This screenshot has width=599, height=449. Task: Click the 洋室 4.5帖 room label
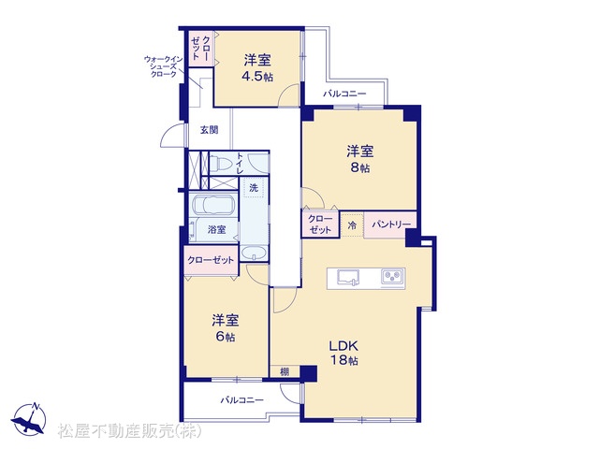(258, 68)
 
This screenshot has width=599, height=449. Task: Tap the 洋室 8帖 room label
(359, 159)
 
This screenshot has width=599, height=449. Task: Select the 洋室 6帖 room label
(226, 328)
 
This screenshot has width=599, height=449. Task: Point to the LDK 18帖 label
(343, 354)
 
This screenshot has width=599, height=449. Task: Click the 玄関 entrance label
(210, 130)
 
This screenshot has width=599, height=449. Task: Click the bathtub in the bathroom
(213, 205)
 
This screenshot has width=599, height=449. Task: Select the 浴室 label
(216, 229)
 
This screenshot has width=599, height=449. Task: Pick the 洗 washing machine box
(254, 187)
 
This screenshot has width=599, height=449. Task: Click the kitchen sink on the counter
(348, 277)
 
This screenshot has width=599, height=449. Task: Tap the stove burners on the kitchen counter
(393, 276)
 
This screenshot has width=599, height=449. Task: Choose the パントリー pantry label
(389, 224)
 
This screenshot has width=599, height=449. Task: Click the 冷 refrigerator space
(352, 225)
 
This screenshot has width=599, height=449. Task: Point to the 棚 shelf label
(285, 371)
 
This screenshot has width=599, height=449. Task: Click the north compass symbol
(29, 419)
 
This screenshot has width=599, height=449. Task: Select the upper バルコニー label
(344, 94)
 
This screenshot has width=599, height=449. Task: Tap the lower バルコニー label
(241, 400)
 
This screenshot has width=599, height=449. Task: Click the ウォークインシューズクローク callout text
(164, 66)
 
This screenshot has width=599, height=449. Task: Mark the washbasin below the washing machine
(254, 253)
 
